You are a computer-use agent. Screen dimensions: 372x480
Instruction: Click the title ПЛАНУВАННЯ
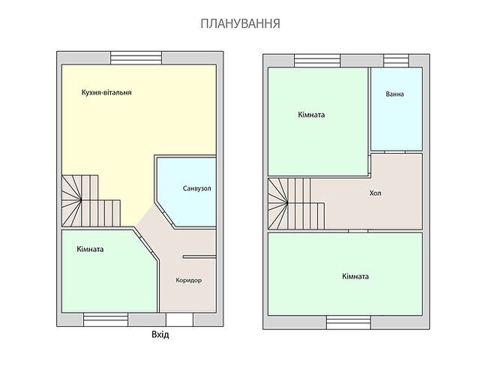[x=240, y=24]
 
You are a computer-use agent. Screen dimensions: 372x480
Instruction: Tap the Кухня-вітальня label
[x=106, y=93]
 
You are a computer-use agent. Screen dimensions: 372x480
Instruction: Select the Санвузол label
[x=196, y=188]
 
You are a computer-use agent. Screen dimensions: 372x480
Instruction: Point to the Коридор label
[x=188, y=280]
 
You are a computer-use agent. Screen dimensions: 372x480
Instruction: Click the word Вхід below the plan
[x=160, y=334]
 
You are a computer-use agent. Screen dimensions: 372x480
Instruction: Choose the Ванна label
[x=394, y=95]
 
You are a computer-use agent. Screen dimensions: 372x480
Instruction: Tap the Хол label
[x=375, y=193]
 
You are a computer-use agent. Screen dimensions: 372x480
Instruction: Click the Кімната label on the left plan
[x=90, y=249]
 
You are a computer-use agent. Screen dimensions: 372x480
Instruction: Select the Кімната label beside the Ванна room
[x=310, y=115]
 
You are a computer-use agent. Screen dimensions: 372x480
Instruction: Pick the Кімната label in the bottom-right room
[x=355, y=276]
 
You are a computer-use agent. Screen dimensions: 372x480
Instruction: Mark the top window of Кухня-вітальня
[x=136, y=57]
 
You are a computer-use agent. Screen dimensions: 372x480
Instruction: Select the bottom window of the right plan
[x=348, y=322]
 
